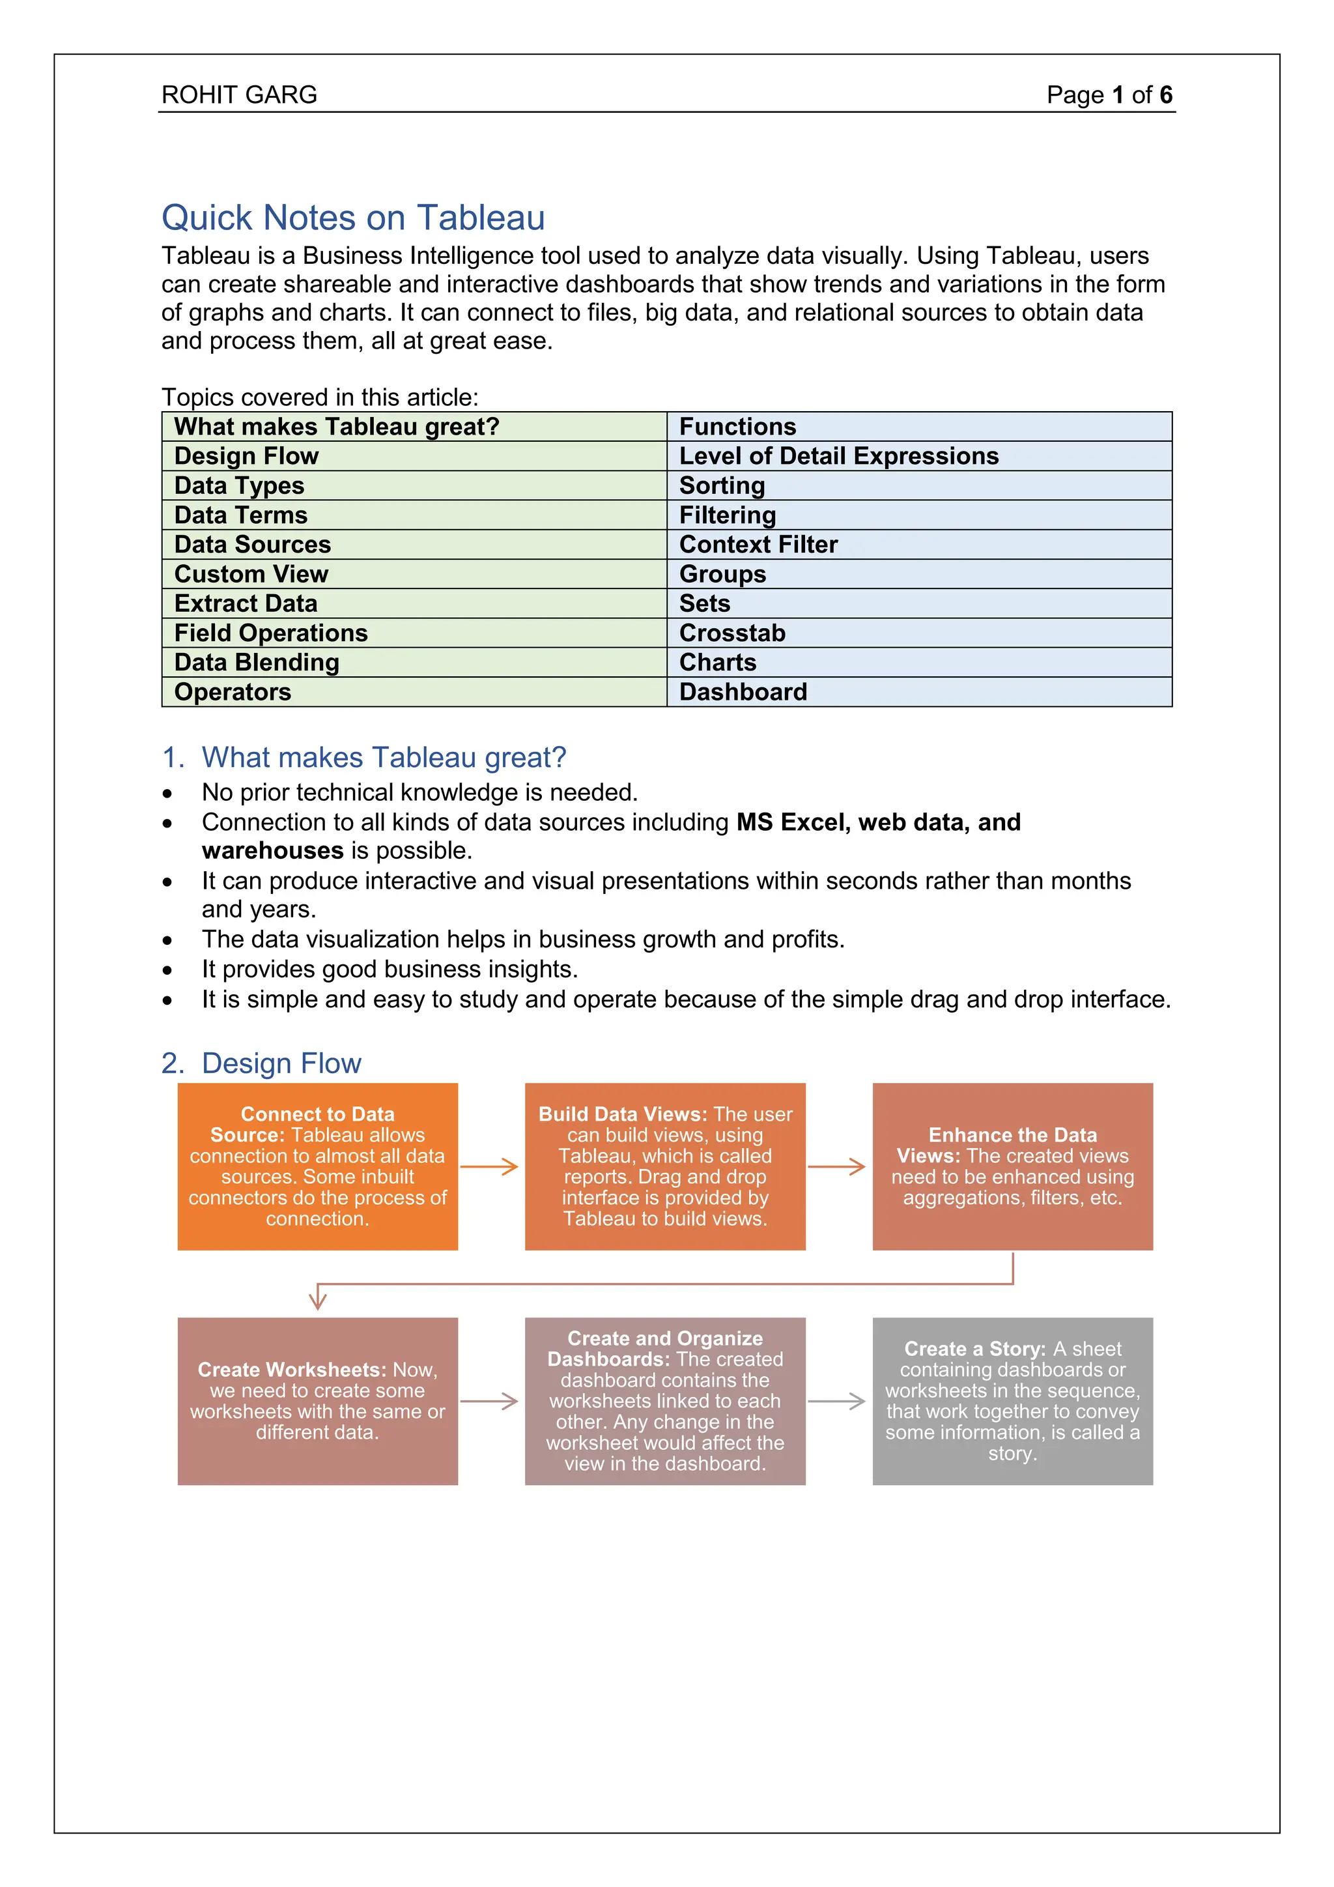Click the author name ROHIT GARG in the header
(239, 94)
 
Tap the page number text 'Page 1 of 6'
(1108, 94)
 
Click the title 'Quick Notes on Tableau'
(353, 218)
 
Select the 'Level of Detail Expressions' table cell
(838, 456)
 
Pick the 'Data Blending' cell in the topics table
(257, 663)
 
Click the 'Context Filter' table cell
(758, 545)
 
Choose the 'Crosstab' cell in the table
(732, 633)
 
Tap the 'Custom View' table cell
(251, 573)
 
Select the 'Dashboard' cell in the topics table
(743, 692)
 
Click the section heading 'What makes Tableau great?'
(384, 757)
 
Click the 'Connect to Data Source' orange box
(318, 1166)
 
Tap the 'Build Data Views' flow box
(664, 1166)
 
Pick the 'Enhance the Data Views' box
(1012, 1166)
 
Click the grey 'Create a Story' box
(1012, 1402)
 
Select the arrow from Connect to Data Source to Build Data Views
(490, 1166)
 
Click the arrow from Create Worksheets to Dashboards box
(490, 1402)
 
